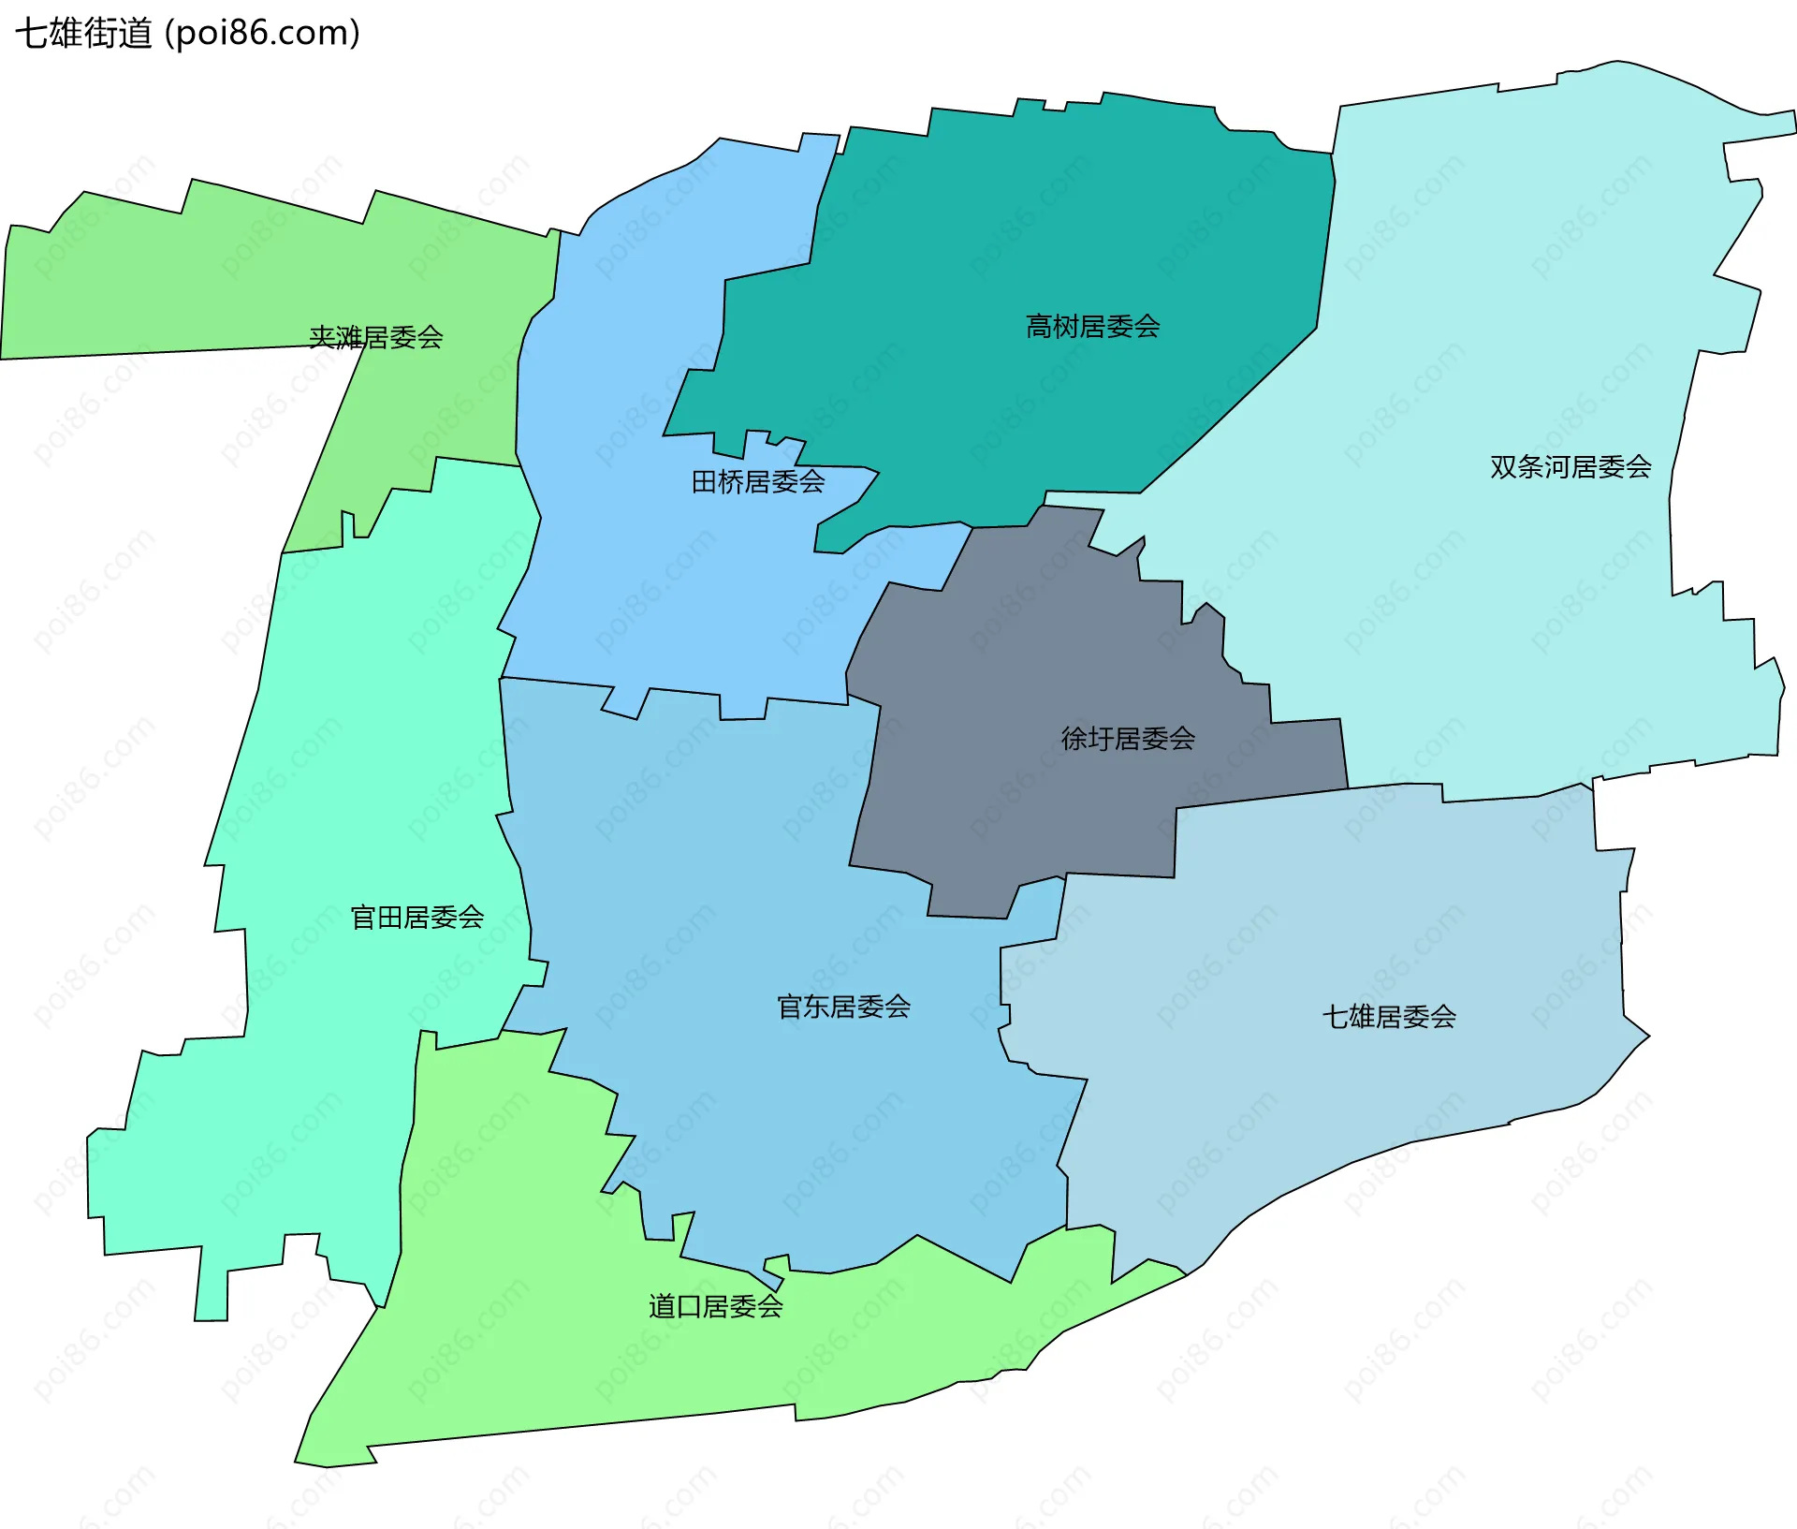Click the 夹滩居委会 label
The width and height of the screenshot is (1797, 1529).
pyautogui.click(x=375, y=337)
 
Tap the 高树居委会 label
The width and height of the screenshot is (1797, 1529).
pyautogui.click(x=1092, y=327)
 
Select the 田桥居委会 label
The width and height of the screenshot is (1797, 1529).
pyautogui.click(x=757, y=482)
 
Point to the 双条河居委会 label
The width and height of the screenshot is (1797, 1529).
pyautogui.click(x=1570, y=466)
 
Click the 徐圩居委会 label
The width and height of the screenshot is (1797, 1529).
pyautogui.click(x=1128, y=739)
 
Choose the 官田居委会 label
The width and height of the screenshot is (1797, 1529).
pyautogui.click(x=416, y=917)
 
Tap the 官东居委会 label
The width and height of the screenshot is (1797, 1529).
pyautogui.click(x=843, y=1007)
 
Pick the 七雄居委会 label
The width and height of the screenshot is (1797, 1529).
pyautogui.click(x=1388, y=1016)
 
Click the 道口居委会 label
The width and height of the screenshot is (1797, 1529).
pyautogui.click(x=715, y=1306)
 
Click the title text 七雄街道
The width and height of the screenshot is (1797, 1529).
pyautogui.click(x=83, y=34)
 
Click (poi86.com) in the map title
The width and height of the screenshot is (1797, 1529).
pyautogui.click(x=263, y=34)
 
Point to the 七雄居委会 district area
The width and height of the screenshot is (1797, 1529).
pyautogui.click(x=1310, y=936)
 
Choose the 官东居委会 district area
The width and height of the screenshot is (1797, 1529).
pyautogui.click(x=749, y=889)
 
